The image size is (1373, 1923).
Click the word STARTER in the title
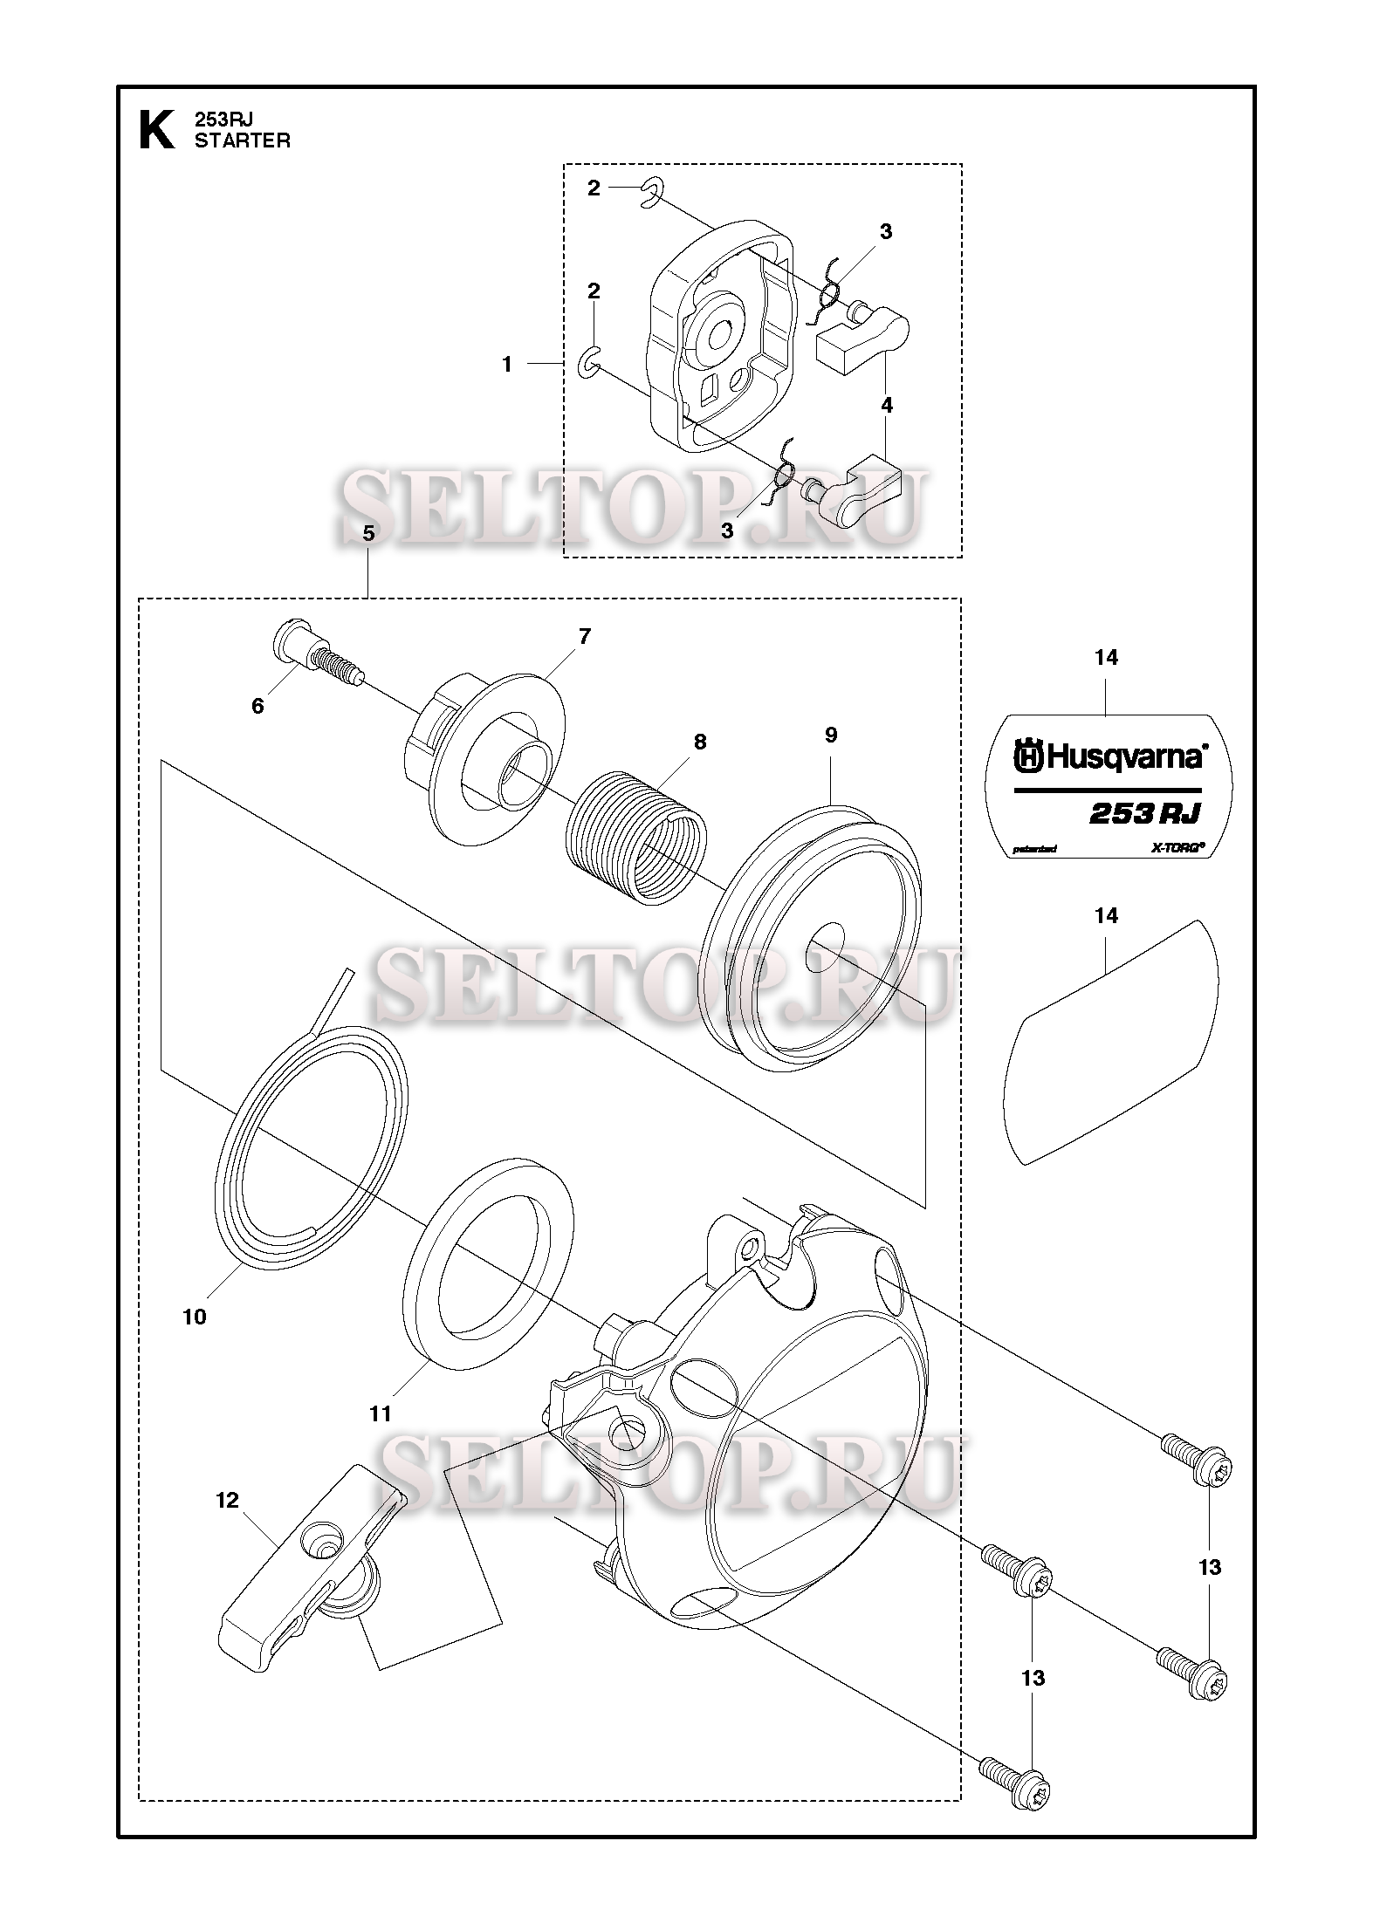click(x=243, y=141)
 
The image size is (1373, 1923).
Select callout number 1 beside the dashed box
click(x=507, y=365)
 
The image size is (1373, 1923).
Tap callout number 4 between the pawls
click(x=887, y=405)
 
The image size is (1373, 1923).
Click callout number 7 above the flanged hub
click(x=584, y=636)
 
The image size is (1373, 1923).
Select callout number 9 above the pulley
click(x=831, y=736)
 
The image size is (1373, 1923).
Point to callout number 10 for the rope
click(x=194, y=1317)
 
